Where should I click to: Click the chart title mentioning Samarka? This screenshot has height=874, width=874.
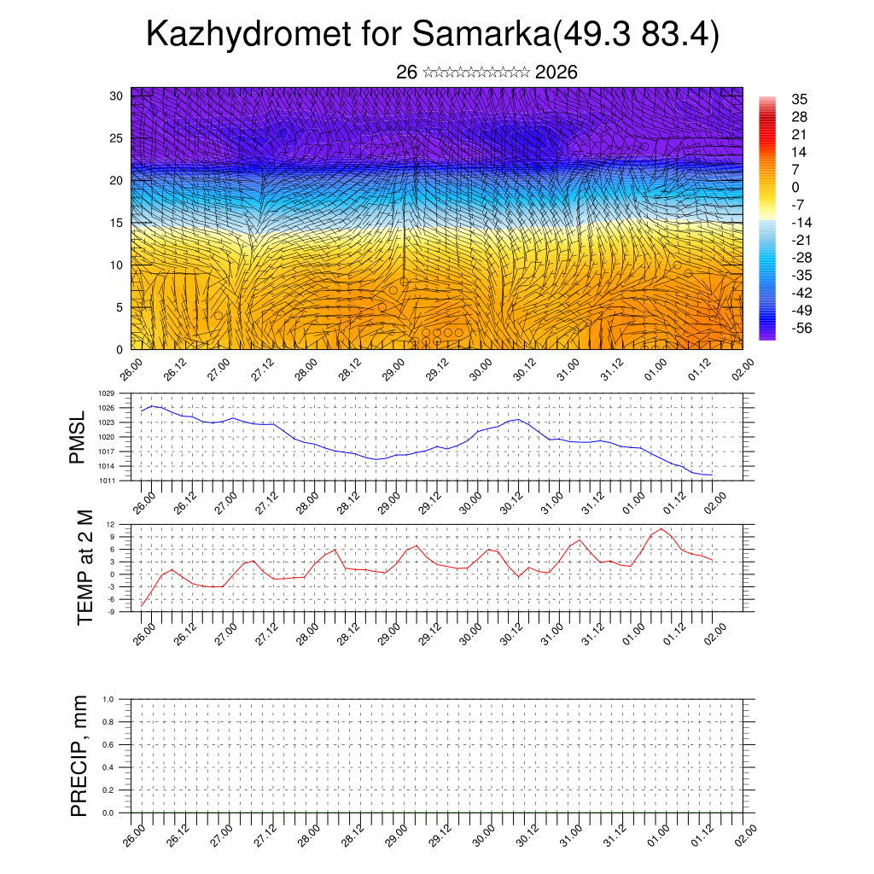434,35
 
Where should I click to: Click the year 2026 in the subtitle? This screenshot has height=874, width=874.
556,73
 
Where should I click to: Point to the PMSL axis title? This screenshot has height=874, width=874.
77,437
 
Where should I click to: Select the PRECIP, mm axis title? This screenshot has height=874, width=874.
79,756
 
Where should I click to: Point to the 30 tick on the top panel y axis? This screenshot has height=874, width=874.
116,96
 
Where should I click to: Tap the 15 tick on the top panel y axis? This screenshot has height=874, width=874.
116,223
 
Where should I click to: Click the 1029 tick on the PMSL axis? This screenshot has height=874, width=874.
106,393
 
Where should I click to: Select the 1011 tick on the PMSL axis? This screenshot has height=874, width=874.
106,481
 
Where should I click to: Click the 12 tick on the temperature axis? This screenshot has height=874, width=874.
110,523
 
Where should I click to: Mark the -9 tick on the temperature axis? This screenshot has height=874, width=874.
110,612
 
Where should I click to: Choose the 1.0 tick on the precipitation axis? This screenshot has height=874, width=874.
108,699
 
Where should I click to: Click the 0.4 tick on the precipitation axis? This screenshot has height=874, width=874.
108,767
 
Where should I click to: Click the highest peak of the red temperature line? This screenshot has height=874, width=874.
661,529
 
